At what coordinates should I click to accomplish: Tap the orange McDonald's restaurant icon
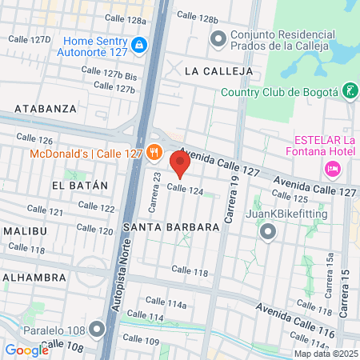point(154,152)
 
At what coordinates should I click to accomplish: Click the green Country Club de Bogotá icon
point(350,90)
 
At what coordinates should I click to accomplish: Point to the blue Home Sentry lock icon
point(140,45)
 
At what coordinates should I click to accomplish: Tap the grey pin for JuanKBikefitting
point(268,232)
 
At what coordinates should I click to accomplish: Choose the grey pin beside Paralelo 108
point(98,329)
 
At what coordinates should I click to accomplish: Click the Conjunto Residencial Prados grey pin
point(218,38)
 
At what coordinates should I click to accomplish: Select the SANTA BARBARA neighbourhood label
point(171,227)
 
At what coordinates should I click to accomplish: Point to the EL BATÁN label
point(79,185)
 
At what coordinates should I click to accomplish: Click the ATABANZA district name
point(46,107)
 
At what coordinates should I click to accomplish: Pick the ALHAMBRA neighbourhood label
point(34,277)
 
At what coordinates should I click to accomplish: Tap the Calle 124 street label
point(185,190)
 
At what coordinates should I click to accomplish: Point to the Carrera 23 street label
point(158,188)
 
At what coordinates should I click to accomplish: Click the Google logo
point(27,350)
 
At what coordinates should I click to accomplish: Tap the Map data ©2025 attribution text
point(325,354)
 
